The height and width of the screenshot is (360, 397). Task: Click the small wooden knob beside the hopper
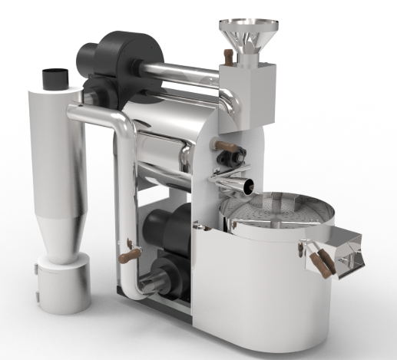tap(228, 54)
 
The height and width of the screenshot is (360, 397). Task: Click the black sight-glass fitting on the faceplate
tap(229, 157)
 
